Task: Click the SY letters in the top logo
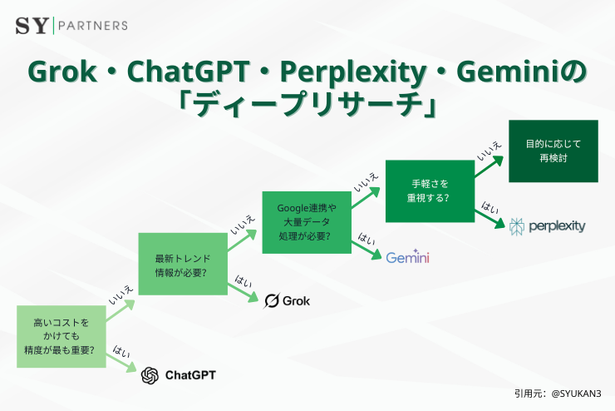32,25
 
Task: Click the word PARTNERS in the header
92,25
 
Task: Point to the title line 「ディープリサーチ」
307,106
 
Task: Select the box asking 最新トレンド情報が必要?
181,265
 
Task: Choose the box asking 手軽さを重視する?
430,191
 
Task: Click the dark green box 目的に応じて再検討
553,151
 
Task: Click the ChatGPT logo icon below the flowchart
150,375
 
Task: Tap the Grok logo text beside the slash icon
297,300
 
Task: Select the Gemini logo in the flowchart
407,257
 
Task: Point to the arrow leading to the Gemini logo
365,249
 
